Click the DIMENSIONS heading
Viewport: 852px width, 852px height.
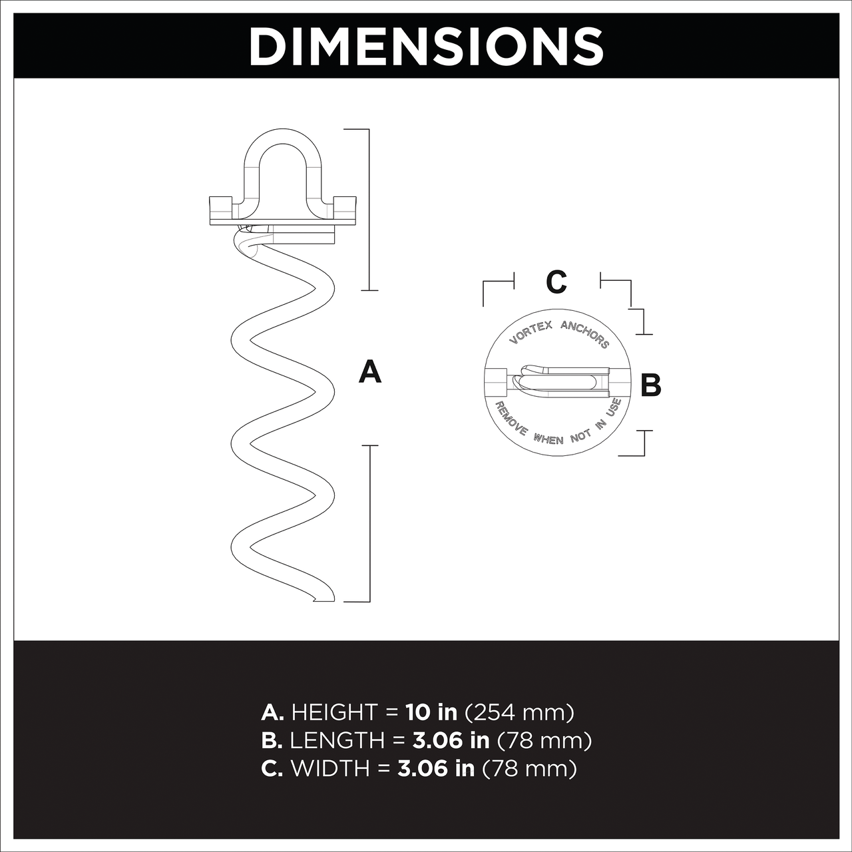426,47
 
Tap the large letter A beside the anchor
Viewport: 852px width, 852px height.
369,371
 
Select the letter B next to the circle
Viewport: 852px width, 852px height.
651,385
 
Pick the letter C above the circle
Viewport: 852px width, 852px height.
556,282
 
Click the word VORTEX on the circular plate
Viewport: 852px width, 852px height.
531,332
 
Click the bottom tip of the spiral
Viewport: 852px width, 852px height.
315,600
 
